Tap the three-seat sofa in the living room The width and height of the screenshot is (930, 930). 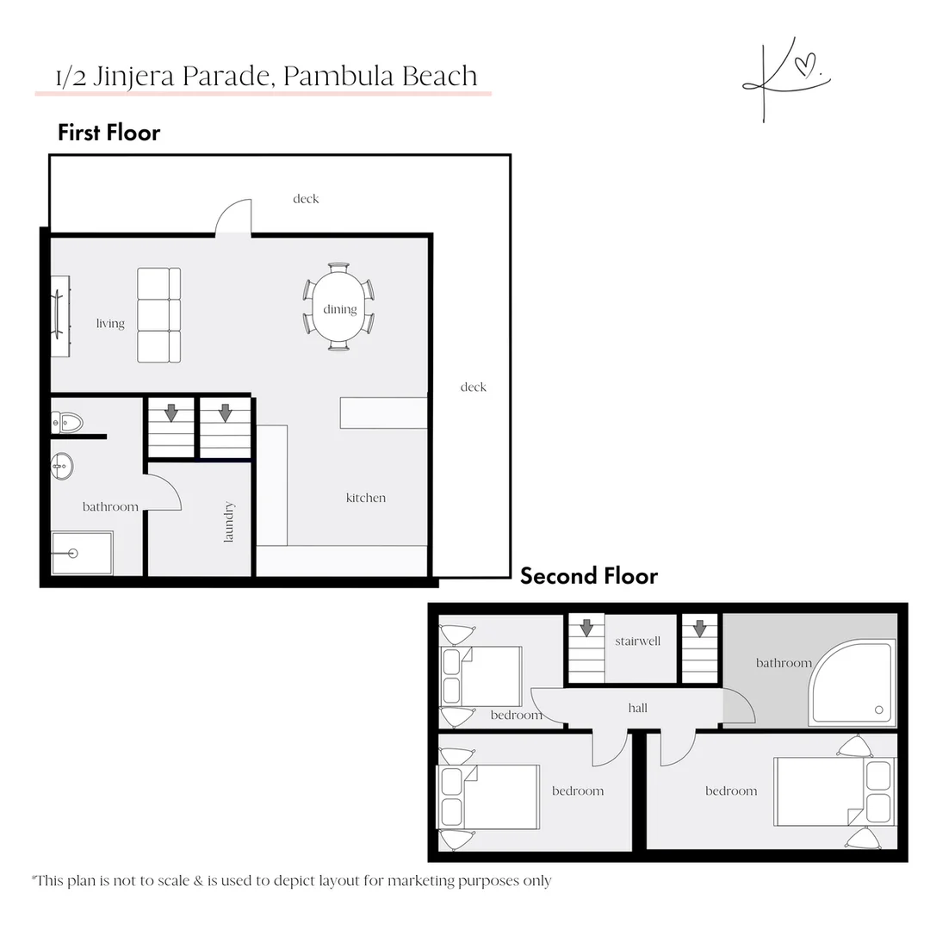pos(159,315)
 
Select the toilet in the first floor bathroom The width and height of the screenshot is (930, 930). pos(67,422)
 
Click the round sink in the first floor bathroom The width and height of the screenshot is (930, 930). pos(62,466)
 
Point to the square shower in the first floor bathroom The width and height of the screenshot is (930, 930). pos(81,553)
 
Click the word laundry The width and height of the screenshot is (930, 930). pos(229,522)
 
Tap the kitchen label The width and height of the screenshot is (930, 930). pos(365,498)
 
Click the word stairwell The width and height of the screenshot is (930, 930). pos(637,642)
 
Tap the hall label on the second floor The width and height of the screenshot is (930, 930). pos(637,708)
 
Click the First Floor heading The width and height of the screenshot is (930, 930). pos(108,133)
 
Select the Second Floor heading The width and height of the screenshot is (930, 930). pos(589,576)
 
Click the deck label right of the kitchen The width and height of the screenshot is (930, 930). pos(473,387)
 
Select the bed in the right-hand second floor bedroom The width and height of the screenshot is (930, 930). pos(834,791)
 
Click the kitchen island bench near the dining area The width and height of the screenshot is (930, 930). pos(383,412)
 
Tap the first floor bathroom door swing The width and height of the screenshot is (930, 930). pos(162,493)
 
